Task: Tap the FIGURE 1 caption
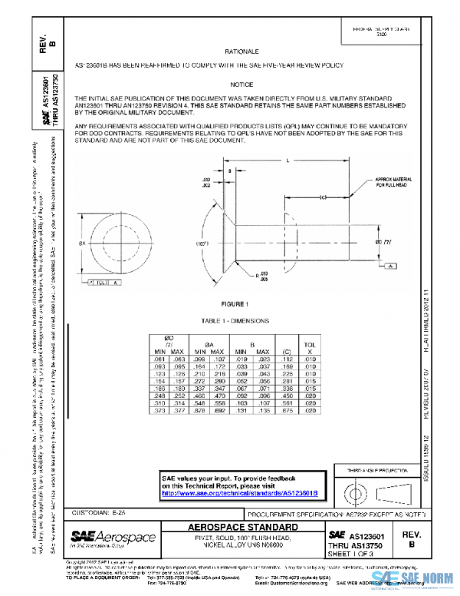pos(235,304)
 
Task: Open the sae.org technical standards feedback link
pos(239,492)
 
